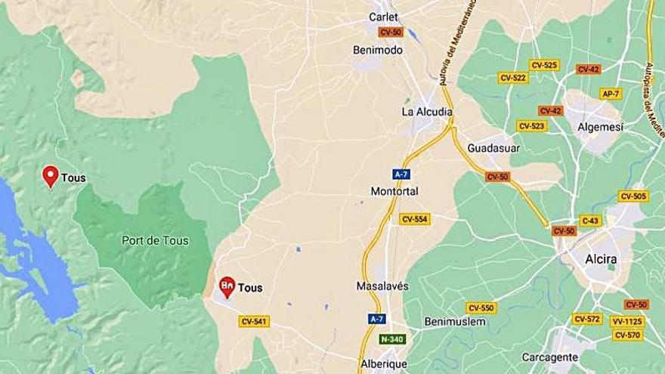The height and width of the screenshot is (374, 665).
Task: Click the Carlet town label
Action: pos(383,17)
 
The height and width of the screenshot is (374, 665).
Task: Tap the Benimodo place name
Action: pos(378,50)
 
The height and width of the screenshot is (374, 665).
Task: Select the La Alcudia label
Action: pos(427,112)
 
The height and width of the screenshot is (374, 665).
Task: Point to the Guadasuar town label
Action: pos(494,147)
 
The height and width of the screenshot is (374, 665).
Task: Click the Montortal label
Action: pos(394,191)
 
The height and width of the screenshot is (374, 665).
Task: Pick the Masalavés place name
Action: pos(382,287)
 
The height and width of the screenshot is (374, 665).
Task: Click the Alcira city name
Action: pos(601,259)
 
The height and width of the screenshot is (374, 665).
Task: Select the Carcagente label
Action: pos(550,357)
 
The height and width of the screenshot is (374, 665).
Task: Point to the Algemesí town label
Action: pos(600,128)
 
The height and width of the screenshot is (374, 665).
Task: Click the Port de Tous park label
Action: pos(155,241)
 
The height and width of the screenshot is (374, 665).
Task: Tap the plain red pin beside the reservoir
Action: pos(51,175)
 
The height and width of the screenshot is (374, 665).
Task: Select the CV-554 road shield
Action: pos(414,219)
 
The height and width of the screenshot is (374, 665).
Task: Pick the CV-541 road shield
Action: pos(254,322)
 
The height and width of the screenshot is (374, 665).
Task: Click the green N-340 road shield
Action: pos(393,338)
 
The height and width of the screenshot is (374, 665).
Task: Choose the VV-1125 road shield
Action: pos(626,321)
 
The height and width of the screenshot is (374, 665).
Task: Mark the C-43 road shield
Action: pos(590,221)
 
